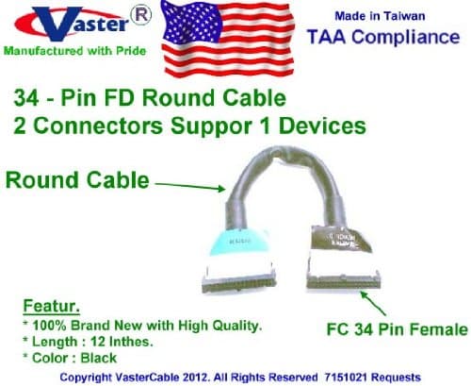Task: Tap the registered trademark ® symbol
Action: point(140,15)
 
